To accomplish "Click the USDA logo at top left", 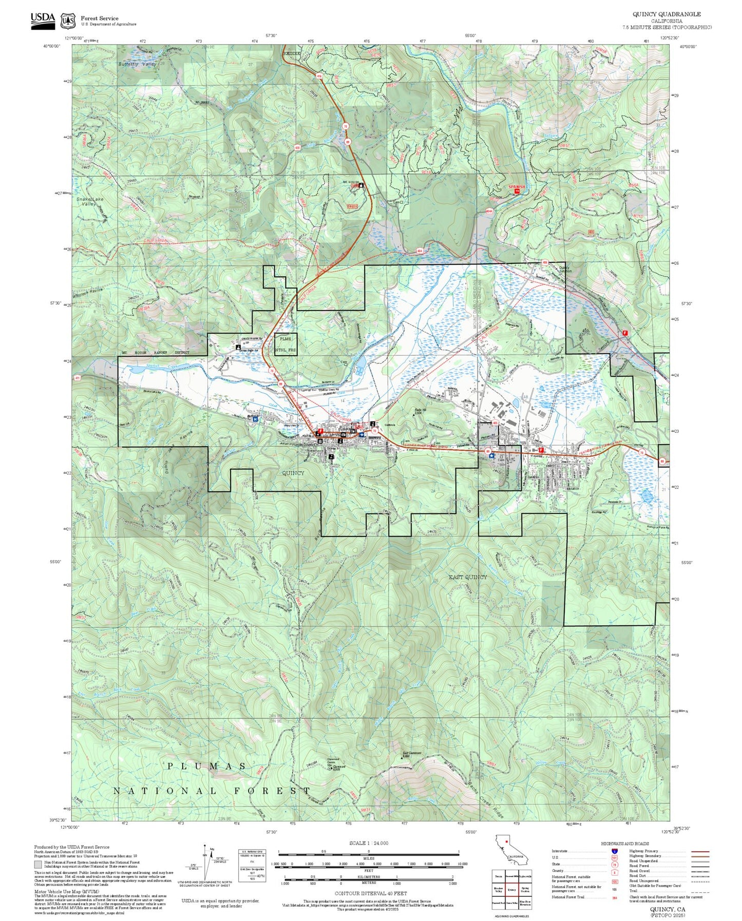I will click(43, 20).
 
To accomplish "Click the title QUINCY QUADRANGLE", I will click(666, 14).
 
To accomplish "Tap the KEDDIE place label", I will click(291, 52).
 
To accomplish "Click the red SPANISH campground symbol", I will click(517, 188).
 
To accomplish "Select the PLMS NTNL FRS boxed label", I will click(286, 344).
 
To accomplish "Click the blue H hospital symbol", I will click(255, 419).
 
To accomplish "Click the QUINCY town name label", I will click(293, 473).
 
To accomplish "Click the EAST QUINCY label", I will click(468, 577).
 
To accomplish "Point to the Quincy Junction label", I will click(564, 269).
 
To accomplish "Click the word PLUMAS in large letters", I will click(207, 766).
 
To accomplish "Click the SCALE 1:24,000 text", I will click(368, 843).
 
